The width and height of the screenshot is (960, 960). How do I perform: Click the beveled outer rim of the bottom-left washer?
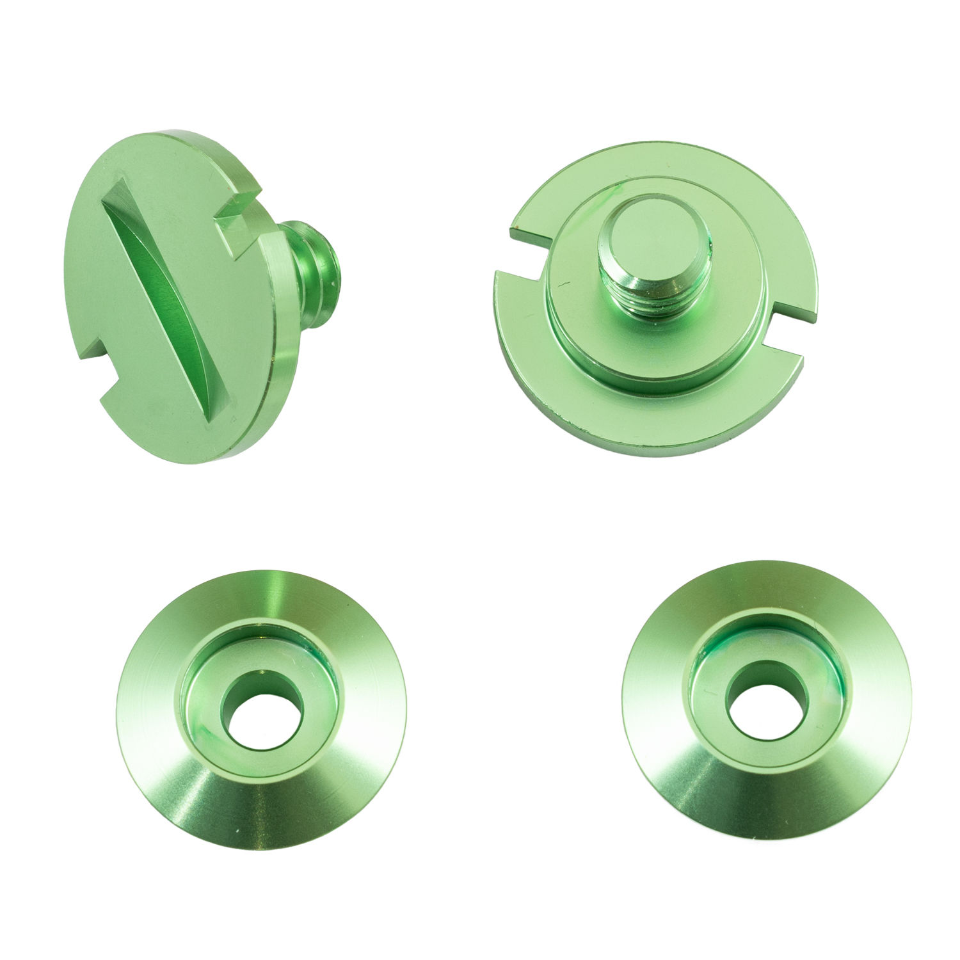[x=256, y=800]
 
